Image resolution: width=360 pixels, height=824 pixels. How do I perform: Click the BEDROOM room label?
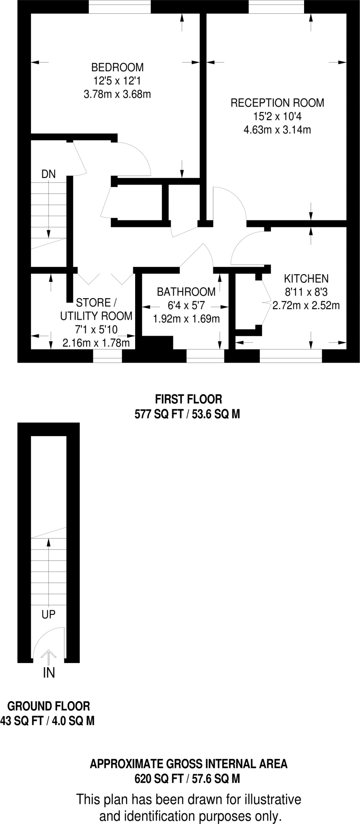click(x=117, y=67)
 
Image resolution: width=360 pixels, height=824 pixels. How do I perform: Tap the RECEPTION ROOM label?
click(x=277, y=103)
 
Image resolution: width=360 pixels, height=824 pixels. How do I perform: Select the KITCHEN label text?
click(x=306, y=278)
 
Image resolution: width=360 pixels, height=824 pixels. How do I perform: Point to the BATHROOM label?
click(x=186, y=292)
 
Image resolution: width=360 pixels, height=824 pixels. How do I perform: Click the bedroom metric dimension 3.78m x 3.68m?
click(x=117, y=95)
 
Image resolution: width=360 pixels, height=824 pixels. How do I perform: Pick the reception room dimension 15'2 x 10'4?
click(x=277, y=117)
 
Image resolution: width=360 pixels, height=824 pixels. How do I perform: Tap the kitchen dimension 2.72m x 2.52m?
click(x=306, y=305)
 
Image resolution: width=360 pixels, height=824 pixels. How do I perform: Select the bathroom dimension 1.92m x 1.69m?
click(x=186, y=319)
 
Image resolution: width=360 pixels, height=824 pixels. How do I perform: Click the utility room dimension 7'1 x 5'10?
click(x=96, y=330)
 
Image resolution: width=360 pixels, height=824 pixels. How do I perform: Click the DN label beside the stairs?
click(x=49, y=174)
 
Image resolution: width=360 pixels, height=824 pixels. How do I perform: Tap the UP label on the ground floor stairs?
click(x=49, y=614)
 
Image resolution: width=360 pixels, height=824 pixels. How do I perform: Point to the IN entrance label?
click(x=49, y=672)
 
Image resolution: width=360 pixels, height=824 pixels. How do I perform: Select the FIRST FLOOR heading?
click(x=188, y=399)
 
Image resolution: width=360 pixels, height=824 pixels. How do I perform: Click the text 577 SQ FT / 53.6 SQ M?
click(x=187, y=414)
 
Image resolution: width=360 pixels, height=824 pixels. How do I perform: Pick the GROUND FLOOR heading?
click(x=49, y=706)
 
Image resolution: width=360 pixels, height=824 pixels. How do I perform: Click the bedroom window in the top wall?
click(x=119, y=7)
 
